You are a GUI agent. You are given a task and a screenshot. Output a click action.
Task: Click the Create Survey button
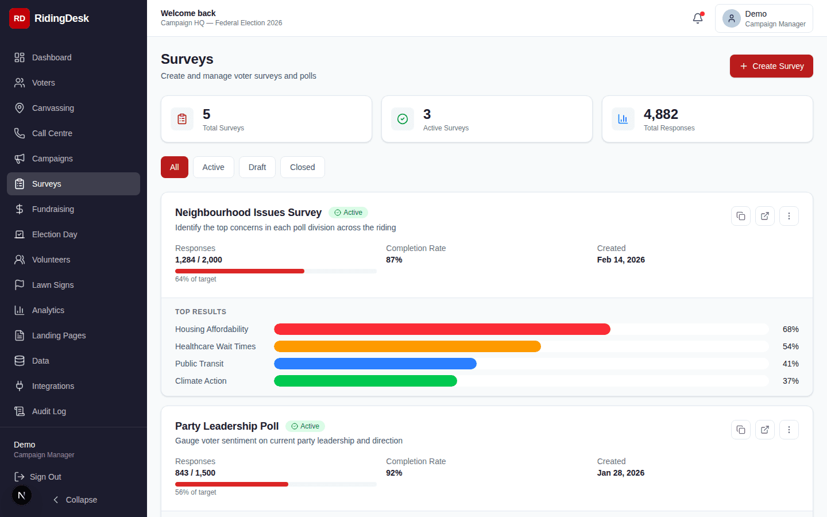pos(771,66)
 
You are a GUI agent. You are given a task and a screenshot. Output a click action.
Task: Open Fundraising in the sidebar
pos(53,209)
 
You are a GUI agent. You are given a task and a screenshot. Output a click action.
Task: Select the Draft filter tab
pos(257,167)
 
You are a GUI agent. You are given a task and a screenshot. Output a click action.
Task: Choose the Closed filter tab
pos(302,167)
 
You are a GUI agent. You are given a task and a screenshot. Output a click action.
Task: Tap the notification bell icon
pos(698,18)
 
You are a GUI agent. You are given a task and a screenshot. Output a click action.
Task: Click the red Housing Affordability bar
pos(442,329)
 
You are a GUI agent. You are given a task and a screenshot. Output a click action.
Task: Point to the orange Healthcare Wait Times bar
pos(407,346)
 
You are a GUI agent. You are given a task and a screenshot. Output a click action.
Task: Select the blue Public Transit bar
pos(375,364)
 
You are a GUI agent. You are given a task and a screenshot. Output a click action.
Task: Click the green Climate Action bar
pos(365,381)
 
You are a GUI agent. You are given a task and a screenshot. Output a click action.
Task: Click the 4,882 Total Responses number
pos(660,114)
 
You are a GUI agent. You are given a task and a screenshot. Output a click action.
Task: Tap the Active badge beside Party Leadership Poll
pos(305,426)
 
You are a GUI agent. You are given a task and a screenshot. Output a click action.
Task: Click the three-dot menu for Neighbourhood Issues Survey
pos(789,216)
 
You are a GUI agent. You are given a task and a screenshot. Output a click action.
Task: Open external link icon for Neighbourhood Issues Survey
pos(764,216)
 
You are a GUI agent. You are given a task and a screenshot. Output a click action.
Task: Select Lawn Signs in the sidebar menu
pos(53,285)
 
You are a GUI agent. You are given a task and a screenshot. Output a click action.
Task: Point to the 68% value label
pos(790,329)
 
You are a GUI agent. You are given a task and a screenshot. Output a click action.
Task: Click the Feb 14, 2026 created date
pos(620,260)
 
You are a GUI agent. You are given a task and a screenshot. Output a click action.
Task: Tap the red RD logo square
pos(20,18)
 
